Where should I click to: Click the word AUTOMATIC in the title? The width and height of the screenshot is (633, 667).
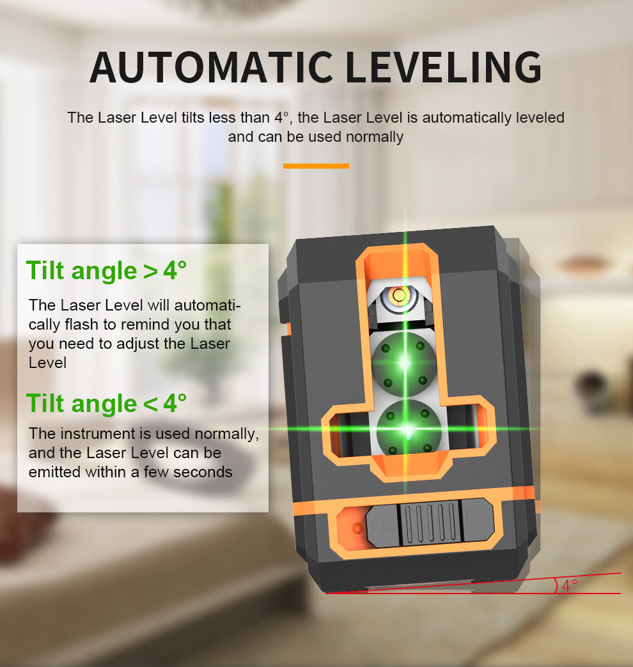point(210,66)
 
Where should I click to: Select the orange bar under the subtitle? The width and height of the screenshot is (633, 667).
point(316,165)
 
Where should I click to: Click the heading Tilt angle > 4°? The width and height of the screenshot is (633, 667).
point(106,270)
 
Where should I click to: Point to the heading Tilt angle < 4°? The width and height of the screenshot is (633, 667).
point(106,403)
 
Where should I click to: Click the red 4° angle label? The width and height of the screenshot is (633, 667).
point(569,585)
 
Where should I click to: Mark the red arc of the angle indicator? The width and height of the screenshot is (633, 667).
point(556,586)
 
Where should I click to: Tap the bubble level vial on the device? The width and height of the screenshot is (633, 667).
point(400,295)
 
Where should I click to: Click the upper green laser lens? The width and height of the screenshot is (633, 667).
point(404,363)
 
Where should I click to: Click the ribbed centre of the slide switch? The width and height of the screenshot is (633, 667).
point(430,522)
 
